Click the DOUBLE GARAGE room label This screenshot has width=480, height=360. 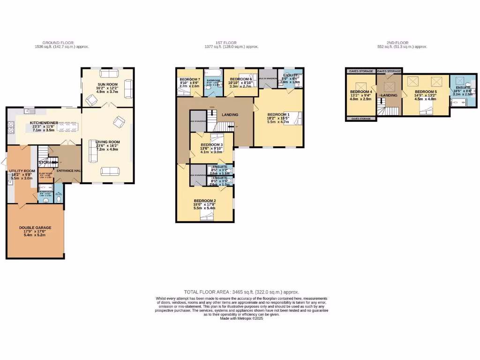click(x=35, y=228)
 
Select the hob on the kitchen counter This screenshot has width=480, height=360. click(x=11, y=126)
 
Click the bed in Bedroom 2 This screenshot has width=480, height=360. click(x=206, y=215)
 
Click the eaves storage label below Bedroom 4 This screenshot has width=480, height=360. click(x=361, y=119)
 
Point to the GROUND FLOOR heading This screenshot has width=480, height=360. click(x=58, y=43)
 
